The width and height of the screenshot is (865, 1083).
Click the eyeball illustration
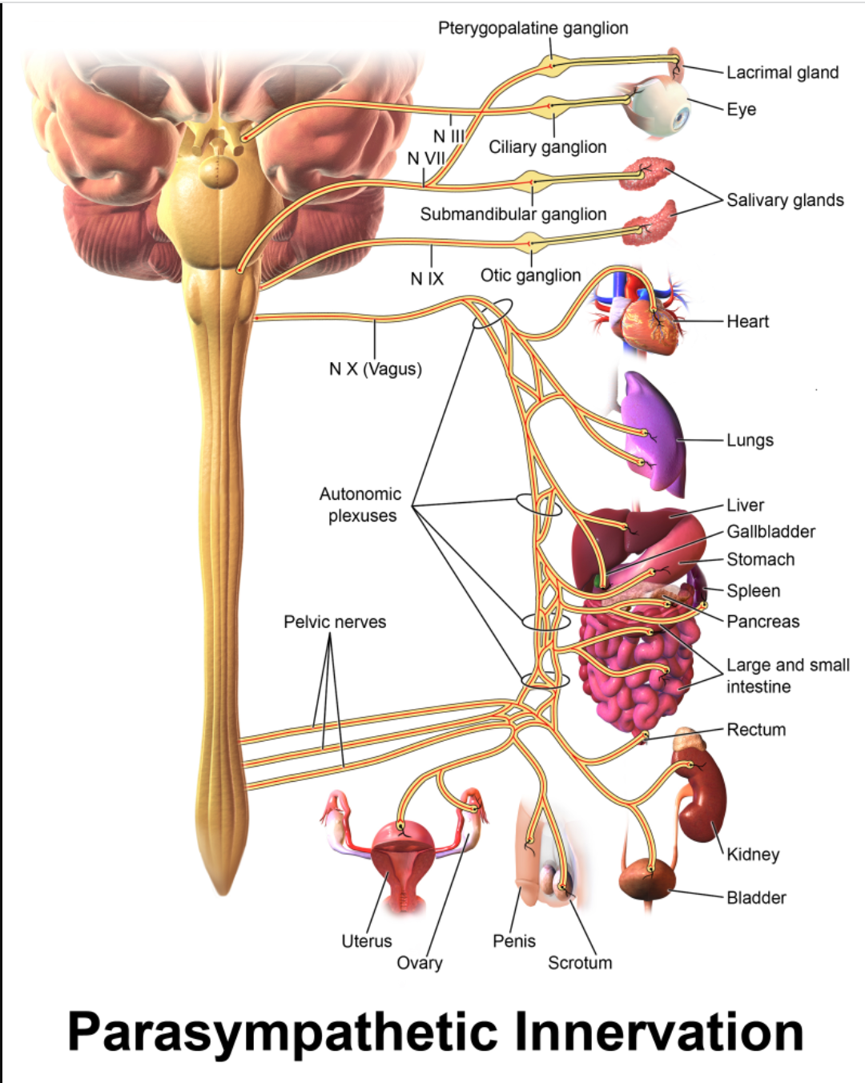click(x=660, y=107)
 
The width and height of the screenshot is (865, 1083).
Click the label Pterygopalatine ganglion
click(x=533, y=28)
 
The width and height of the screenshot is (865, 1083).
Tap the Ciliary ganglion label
click(x=548, y=147)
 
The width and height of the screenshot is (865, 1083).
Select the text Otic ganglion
click(x=530, y=276)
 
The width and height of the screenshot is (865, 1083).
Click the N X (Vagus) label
click(x=376, y=369)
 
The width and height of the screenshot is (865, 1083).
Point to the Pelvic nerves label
click(x=335, y=622)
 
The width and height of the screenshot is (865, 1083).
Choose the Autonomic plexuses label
click(x=360, y=505)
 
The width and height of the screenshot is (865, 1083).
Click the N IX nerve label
click(x=427, y=279)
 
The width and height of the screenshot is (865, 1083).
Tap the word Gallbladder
click(x=771, y=531)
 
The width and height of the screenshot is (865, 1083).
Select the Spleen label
click(x=754, y=591)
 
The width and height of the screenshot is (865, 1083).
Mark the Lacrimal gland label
click(x=783, y=72)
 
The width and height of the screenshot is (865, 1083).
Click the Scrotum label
click(x=580, y=963)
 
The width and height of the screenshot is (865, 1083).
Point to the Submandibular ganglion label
click(x=513, y=215)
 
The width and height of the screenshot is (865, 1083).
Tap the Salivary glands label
click(x=785, y=200)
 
